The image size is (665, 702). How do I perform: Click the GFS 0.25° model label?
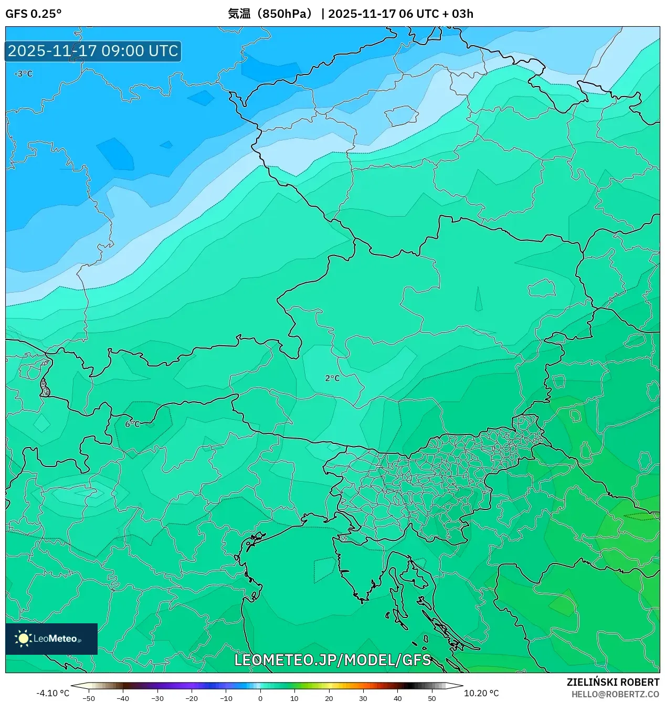pos(33,14)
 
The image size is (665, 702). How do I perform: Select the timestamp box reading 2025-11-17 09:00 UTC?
pos(93,51)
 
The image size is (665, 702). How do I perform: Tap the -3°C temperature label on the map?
pos(23,74)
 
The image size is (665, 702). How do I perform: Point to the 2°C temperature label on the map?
pos(332,378)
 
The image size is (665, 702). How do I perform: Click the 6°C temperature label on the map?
pos(132,423)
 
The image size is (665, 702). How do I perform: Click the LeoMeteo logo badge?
pos(51,639)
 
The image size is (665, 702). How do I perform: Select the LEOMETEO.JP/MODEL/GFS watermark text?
pos(332,660)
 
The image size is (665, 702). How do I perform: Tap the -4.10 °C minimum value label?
pos(52,693)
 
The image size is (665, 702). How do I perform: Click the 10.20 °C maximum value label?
pos(481,693)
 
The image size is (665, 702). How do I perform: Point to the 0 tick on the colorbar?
pos(260,698)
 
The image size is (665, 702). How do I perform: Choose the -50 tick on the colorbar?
pos(89,698)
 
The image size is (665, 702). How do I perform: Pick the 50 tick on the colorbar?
pos(431,698)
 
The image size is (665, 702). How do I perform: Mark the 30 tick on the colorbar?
pos(363,698)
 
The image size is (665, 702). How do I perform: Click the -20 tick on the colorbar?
pos(192,698)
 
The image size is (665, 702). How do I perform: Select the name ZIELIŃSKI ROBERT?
pos(613,682)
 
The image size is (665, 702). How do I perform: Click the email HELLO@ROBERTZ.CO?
pos(615,694)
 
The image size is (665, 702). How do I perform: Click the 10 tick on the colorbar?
pos(294,698)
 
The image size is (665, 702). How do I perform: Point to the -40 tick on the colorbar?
pos(123,698)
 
